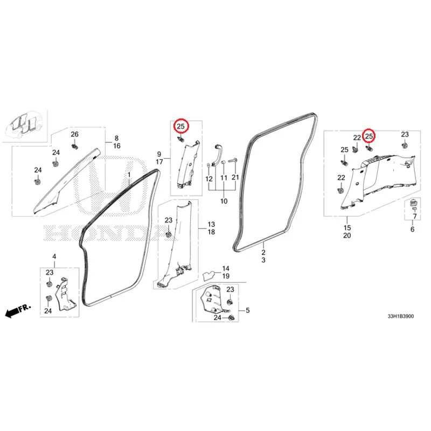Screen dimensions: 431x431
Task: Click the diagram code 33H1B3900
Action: [400, 316]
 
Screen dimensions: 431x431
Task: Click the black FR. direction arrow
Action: [18, 311]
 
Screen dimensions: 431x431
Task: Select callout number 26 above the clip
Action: [74, 134]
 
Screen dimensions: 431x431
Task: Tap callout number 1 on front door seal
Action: [129, 175]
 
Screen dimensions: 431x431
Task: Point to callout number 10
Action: [224, 201]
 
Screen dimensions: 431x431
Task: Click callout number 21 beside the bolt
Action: [235, 177]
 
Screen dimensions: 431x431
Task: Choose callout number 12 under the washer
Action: [209, 179]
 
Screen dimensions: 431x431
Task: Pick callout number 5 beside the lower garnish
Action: [248, 310]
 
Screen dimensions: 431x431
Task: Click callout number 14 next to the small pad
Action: [226, 268]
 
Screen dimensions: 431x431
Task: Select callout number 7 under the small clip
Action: [415, 217]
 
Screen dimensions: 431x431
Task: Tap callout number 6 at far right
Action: [412, 230]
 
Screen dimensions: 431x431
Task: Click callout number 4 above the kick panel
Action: [54, 256]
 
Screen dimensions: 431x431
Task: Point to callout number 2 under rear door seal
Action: [263, 252]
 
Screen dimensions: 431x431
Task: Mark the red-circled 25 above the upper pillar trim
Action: [181, 127]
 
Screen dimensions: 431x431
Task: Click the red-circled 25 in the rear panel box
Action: [369, 136]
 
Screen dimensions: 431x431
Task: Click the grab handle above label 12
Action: [217, 155]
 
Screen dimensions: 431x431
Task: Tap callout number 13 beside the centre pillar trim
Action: [211, 224]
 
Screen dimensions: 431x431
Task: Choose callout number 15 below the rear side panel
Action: [347, 228]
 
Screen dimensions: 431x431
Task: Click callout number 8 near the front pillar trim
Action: [116, 138]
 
